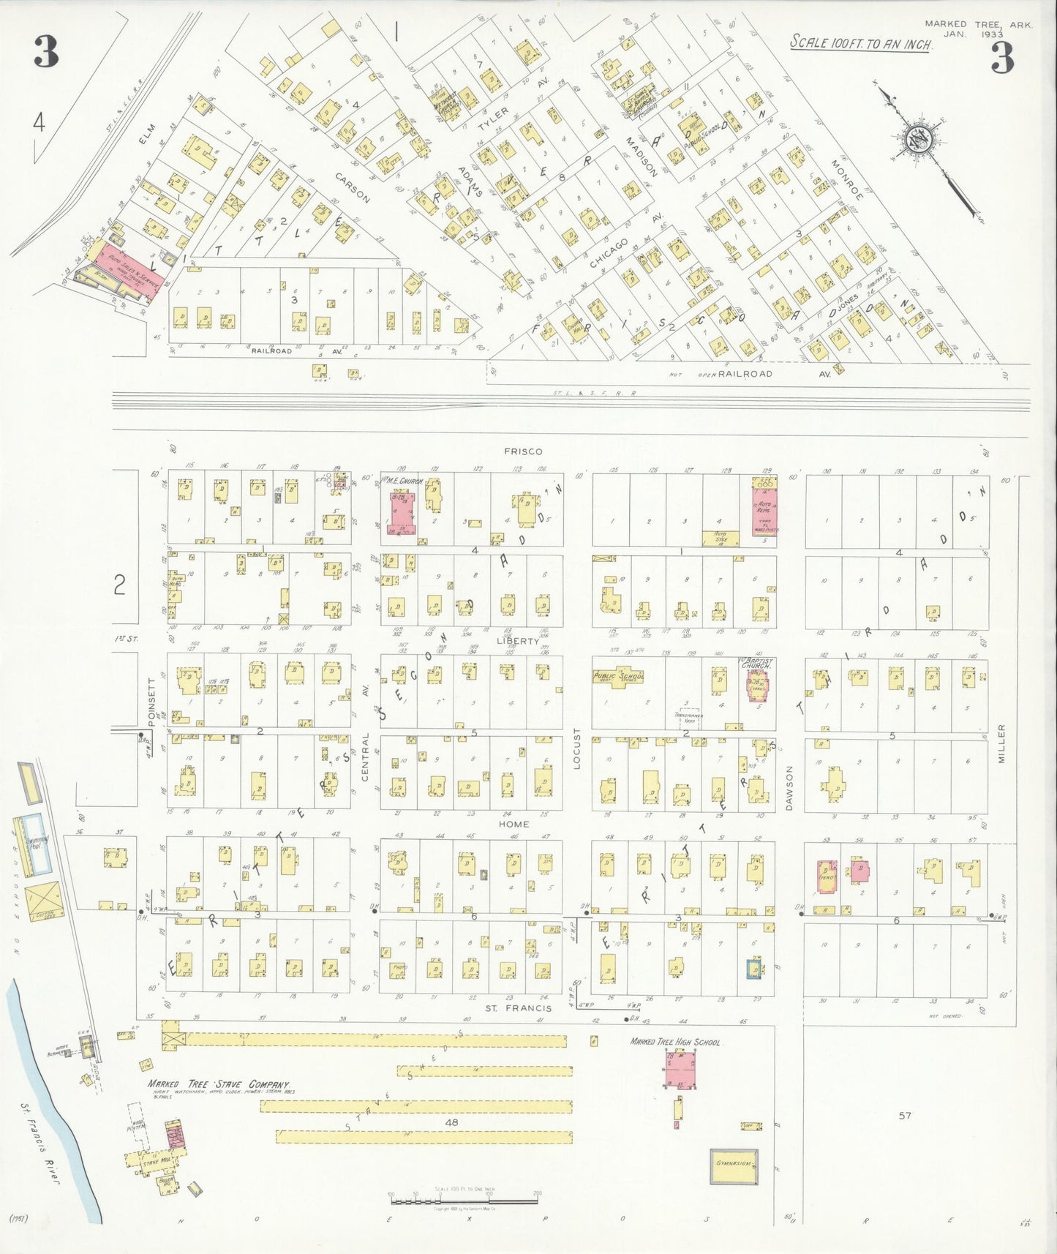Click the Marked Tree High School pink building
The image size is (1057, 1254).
pos(680,1069)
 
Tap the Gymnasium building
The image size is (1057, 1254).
pos(734,1166)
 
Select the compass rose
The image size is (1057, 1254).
pos(917,140)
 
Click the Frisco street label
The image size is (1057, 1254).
pos(523,451)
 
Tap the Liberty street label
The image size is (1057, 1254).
pos(517,641)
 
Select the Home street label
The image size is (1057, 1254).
pos(514,824)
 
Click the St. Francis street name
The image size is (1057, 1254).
pos(517,1008)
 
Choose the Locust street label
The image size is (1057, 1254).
pos(576,748)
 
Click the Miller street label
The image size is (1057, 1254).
pos(1001,744)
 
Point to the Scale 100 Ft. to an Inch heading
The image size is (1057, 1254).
pos(861,43)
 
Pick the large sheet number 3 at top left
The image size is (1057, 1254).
pos(46,53)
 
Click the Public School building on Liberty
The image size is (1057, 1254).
pos(618,677)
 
